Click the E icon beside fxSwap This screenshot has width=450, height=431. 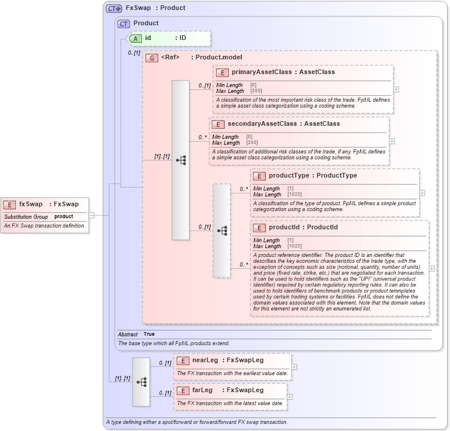[x=9, y=205]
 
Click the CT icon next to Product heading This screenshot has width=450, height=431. [x=124, y=24]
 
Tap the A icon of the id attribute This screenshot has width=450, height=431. [x=135, y=38]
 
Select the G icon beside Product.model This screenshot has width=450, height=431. [x=152, y=58]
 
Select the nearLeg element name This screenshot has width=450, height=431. [x=205, y=360]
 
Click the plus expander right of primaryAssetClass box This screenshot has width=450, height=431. [x=396, y=89]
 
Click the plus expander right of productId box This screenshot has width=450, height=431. [x=432, y=268]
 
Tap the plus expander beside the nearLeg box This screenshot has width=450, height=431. [x=294, y=367]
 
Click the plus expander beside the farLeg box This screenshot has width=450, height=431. [x=289, y=397]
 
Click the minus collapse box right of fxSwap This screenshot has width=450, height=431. [x=92, y=215]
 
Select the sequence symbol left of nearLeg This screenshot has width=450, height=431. [x=141, y=382]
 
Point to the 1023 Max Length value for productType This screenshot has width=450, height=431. [x=295, y=195]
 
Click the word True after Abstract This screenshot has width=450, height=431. [x=149, y=334]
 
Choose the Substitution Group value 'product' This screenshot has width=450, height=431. [x=64, y=217]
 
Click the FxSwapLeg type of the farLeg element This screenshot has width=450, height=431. [x=245, y=390]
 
